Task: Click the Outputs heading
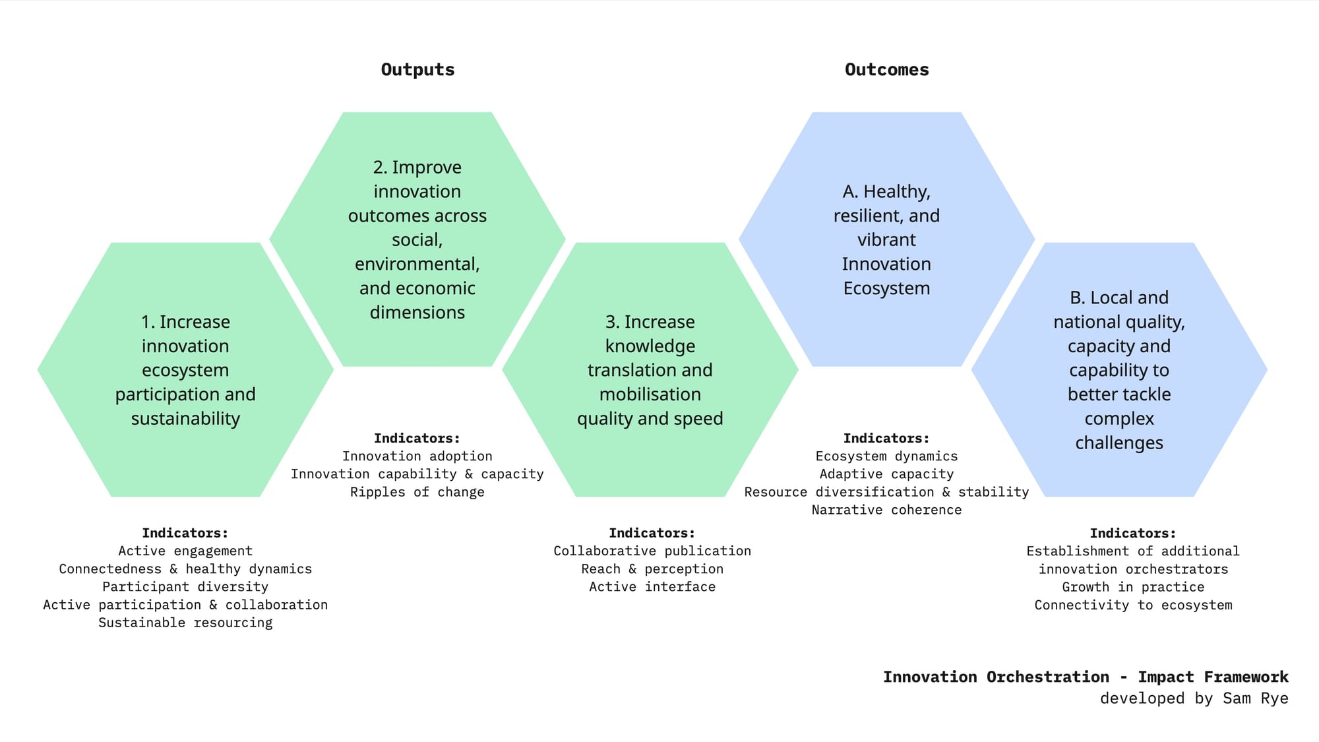[x=417, y=70]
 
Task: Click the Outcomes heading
[x=886, y=70]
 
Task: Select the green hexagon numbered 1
[x=185, y=370]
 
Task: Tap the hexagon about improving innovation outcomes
[x=417, y=239]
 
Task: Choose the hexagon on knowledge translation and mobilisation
[x=650, y=370]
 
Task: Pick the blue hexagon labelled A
[x=886, y=239]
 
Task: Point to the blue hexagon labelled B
[x=1119, y=370]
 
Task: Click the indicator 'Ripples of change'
[x=417, y=492]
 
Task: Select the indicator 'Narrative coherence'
[x=886, y=510]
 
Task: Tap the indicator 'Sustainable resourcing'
[x=185, y=623]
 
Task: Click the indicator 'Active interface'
[x=652, y=587]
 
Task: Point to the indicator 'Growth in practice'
[x=1133, y=587]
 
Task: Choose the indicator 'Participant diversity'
[x=185, y=587]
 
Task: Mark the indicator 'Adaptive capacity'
[x=886, y=474]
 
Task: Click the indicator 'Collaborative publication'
[x=652, y=551]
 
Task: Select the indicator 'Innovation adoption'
[x=417, y=456]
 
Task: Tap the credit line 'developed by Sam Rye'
[x=1194, y=698]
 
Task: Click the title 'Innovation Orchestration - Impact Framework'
[x=1086, y=677]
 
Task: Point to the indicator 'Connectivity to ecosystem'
[x=1133, y=605]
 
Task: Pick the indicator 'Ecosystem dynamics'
[x=886, y=456]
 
